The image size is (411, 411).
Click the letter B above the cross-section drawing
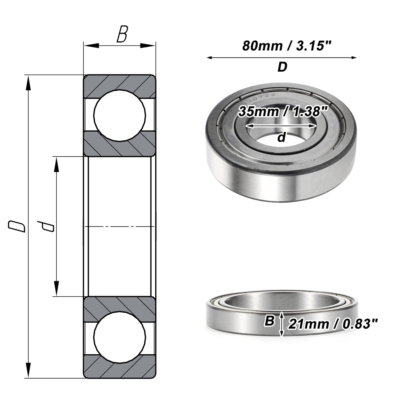[x=122, y=34]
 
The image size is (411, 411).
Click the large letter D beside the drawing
[x=17, y=226]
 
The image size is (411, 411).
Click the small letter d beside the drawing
[x=46, y=226]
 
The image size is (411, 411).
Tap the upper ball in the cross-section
[x=120, y=115]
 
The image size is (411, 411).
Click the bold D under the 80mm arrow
[x=282, y=67]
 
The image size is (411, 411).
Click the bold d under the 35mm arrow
[x=281, y=137]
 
